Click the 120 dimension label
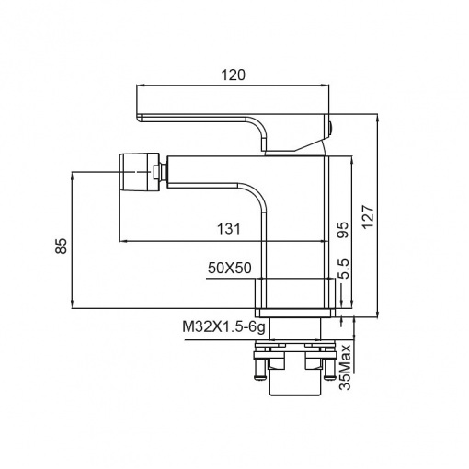coord(234,75)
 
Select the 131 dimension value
coord(229,229)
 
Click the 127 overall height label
coord(368,217)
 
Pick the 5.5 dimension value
coord(343,269)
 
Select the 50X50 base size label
coord(230,269)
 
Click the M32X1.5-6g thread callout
coord(223,326)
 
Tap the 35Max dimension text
coord(346,367)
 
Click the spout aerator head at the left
coord(140,172)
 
